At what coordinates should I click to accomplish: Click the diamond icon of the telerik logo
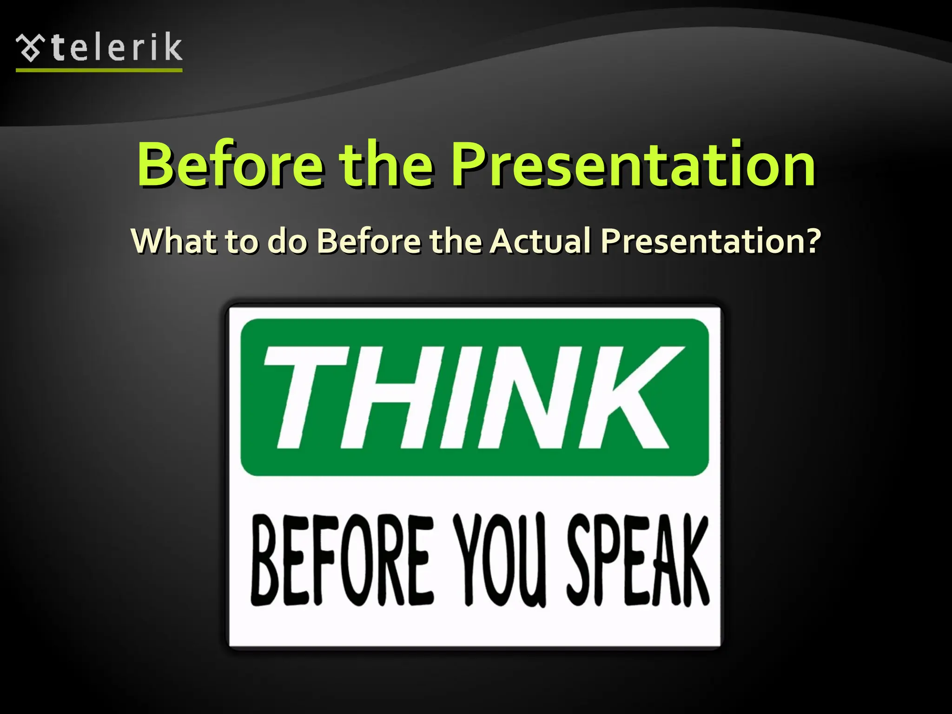pyautogui.click(x=30, y=48)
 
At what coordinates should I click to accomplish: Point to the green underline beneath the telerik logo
pyautogui.click(x=99, y=70)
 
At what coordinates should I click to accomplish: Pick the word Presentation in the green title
pyautogui.click(x=633, y=165)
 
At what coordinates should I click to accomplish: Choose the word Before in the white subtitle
pyautogui.click(x=369, y=241)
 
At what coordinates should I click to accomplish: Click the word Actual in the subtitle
pyautogui.click(x=540, y=241)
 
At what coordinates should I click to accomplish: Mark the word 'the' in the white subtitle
pyautogui.click(x=455, y=241)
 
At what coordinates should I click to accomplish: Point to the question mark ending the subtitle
pyautogui.click(x=812, y=241)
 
